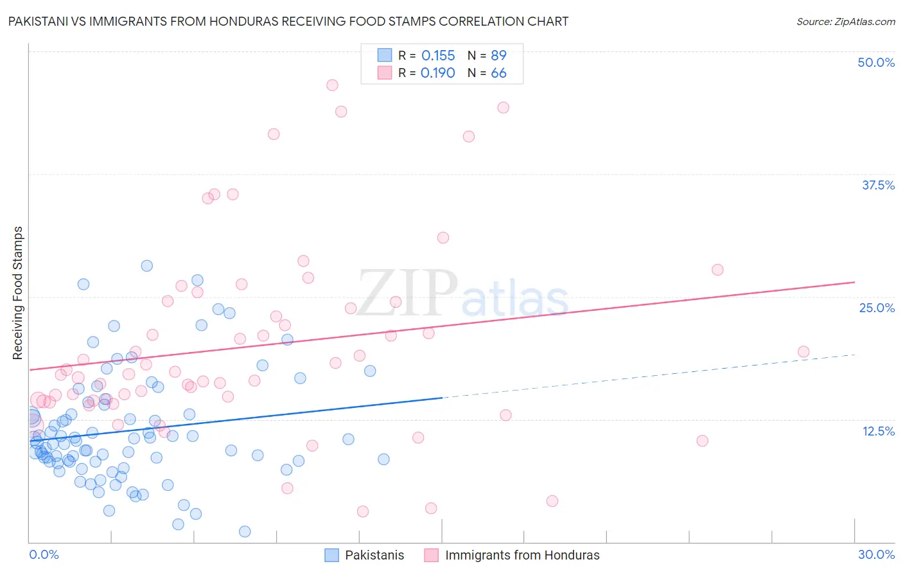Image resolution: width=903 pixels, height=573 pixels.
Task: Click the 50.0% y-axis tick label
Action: point(876,62)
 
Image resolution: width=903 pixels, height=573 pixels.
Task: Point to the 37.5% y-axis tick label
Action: point(878,185)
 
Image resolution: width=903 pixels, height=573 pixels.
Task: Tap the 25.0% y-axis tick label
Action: point(877,308)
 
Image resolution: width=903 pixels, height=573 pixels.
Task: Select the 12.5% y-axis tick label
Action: point(878,431)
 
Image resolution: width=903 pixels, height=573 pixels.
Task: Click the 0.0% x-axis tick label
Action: point(44,554)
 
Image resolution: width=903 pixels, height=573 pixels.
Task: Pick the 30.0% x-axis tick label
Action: point(876,554)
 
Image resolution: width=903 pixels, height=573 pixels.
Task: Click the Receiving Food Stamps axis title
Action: point(17,293)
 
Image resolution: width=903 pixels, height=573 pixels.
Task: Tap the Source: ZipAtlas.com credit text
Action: point(845,21)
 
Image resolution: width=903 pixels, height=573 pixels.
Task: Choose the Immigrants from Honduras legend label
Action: point(522,555)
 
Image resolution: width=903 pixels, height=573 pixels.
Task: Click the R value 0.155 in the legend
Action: point(438,56)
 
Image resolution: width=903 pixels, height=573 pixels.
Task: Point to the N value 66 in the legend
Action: point(498,73)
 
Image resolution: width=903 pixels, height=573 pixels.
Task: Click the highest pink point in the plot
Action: point(332,85)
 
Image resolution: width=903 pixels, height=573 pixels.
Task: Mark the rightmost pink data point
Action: point(803,351)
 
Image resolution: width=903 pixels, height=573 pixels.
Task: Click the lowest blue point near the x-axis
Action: point(245,531)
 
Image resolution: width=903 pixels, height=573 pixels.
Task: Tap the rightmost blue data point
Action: point(383,459)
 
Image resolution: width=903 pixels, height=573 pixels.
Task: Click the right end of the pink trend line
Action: point(855,282)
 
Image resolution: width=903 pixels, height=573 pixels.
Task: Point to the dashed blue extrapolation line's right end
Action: point(855,355)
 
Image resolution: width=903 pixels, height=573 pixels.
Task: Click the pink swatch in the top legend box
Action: point(385,73)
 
